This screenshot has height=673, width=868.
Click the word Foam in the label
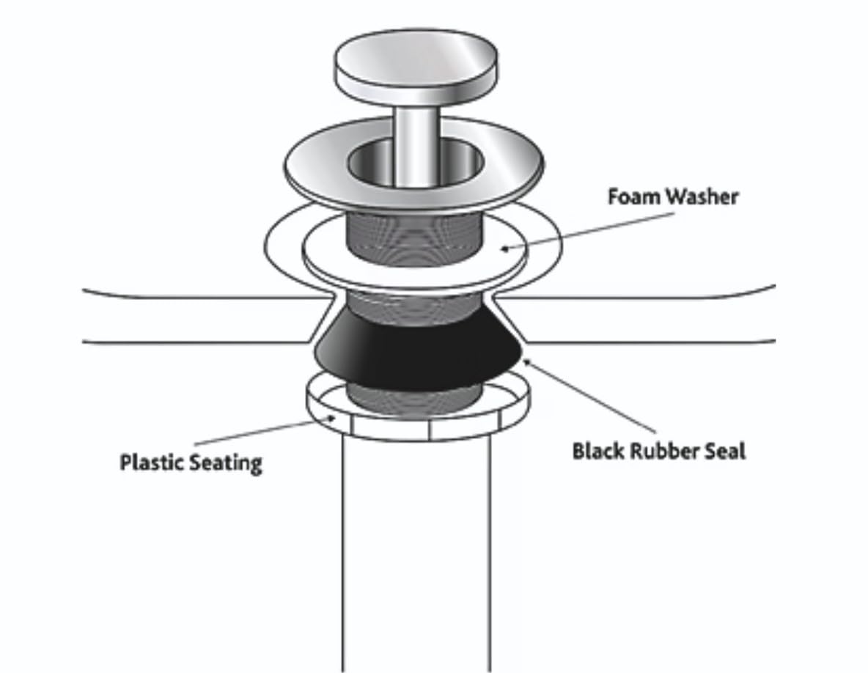[634, 196]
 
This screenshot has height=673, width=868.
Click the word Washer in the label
[702, 196]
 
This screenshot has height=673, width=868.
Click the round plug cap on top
[416, 67]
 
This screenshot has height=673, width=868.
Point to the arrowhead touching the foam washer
[505, 249]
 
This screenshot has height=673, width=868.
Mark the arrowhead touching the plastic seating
[331, 418]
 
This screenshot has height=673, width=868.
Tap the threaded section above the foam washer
[415, 235]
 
